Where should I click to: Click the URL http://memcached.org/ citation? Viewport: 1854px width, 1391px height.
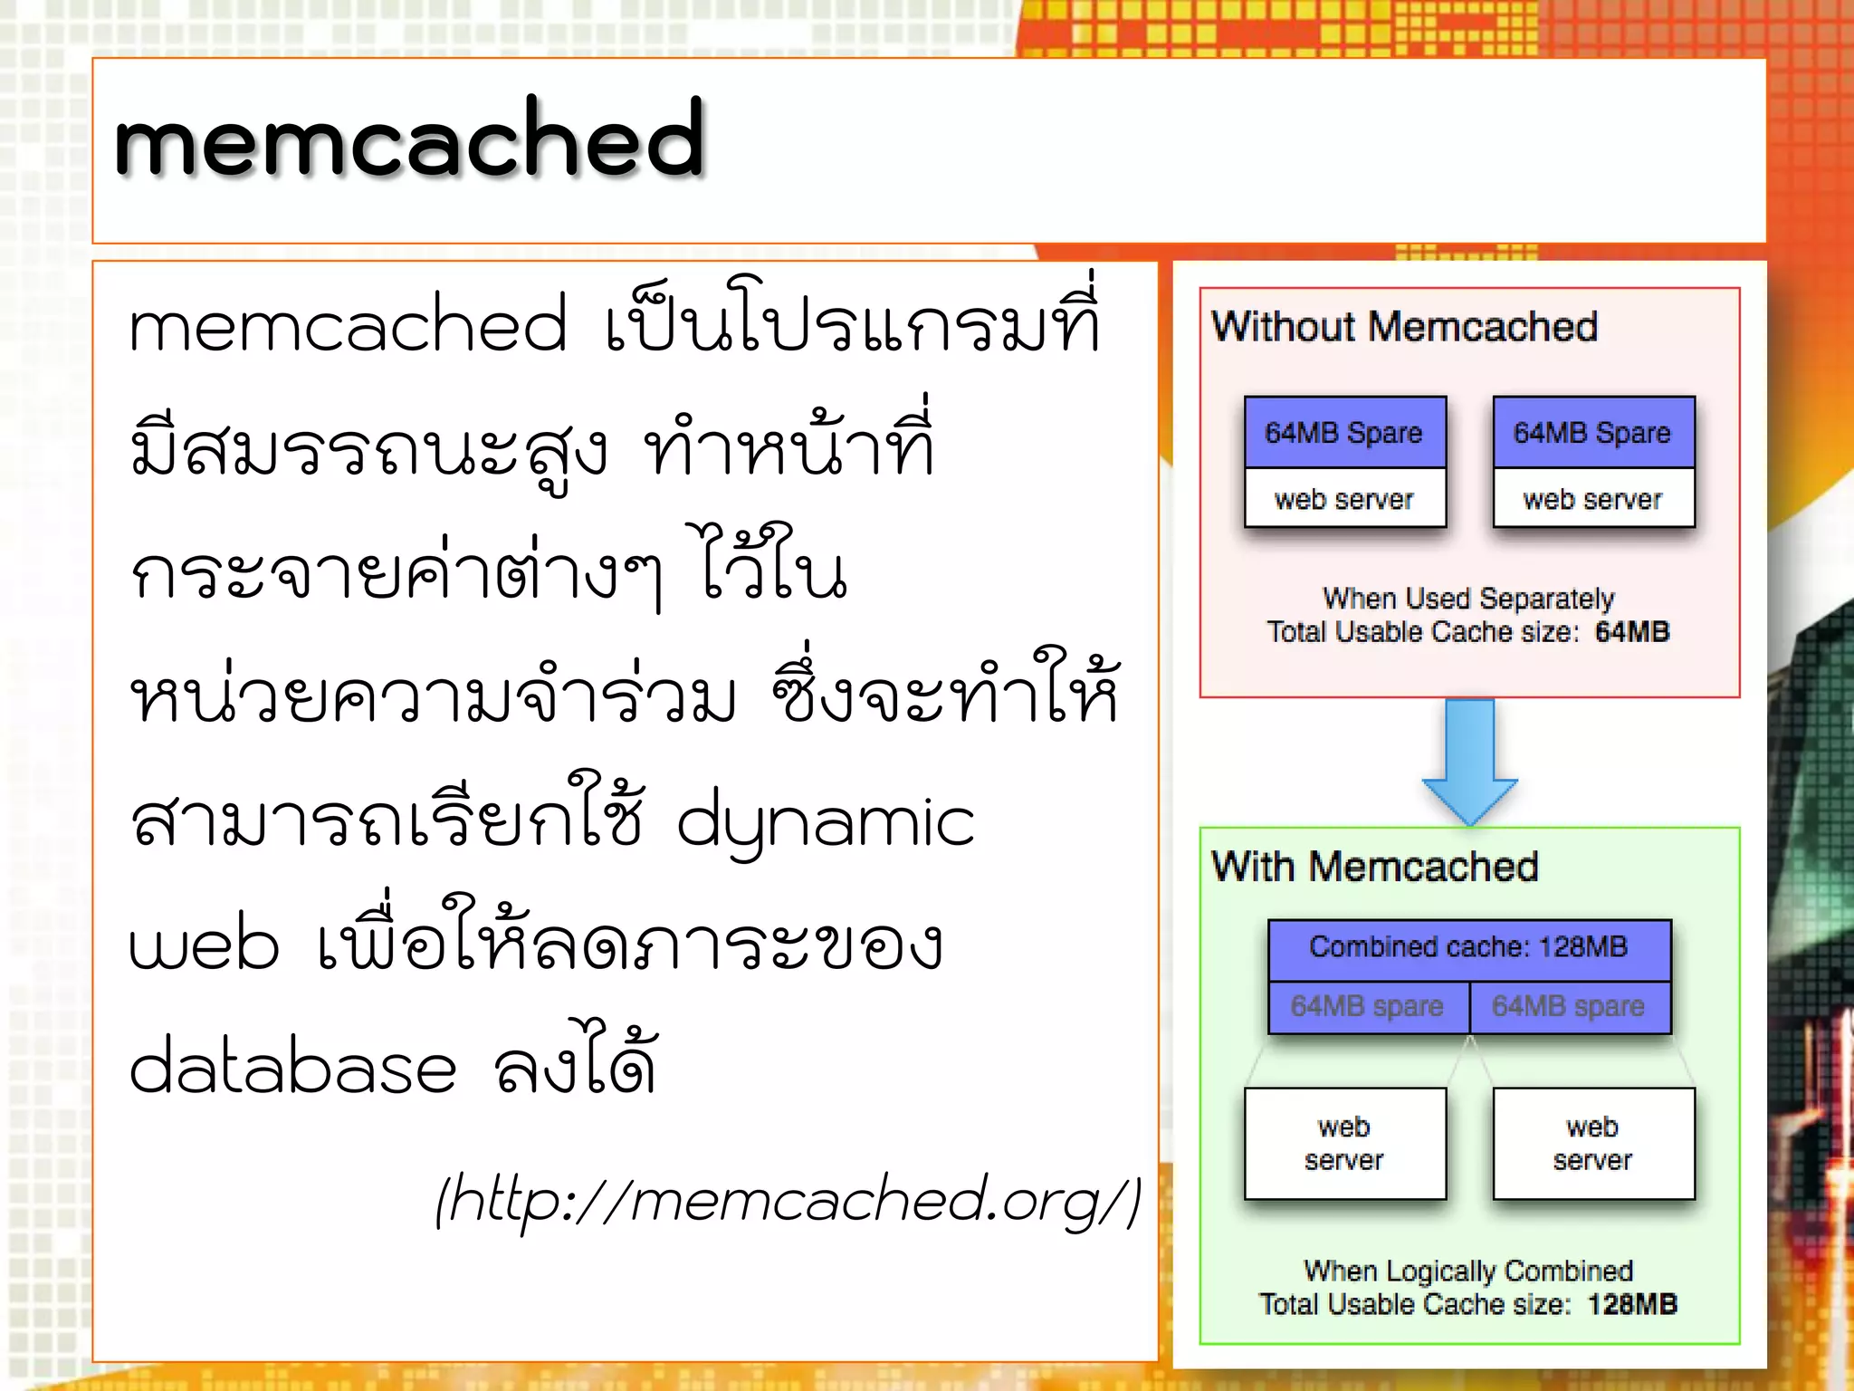click(x=788, y=1200)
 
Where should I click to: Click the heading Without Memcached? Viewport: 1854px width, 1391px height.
click(x=1404, y=327)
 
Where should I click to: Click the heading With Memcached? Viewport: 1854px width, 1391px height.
click(x=1374, y=867)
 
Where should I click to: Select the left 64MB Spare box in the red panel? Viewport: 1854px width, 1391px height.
click(x=1344, y=433)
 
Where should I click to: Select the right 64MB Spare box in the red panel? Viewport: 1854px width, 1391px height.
click(x=1592, y=433)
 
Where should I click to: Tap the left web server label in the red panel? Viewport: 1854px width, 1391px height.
click(x=1344, y=499)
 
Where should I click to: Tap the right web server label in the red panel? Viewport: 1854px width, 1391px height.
click(x=1592, y=499)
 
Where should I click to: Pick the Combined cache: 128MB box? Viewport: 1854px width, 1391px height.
click(x=1468, y=947)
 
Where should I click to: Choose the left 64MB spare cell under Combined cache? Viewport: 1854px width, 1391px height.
click(x=1367, y=1006)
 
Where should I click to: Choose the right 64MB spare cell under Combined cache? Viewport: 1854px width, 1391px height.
click(x=1569, y=1006)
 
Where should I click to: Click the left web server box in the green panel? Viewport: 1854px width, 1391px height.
click(x=1344, y=1143)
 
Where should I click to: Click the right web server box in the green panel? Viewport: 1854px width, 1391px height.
click(x=1592, y=1143)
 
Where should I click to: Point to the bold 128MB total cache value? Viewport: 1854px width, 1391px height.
click(x=1631, y=1304)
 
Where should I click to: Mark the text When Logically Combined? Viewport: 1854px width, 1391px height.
click(x=1468, y=1271)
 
